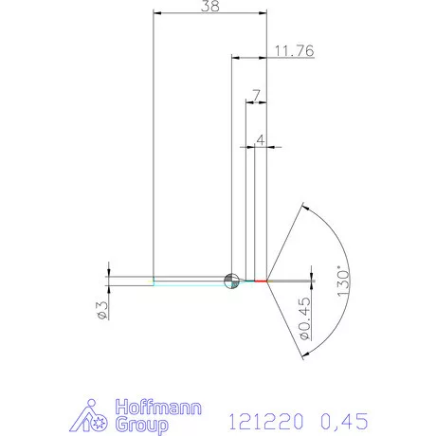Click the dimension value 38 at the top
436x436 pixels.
pyautogui.click(x=210, y=7)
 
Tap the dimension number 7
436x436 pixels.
pyautogui.click(x=256, y=95)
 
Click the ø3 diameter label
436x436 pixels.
pyautogui.click(x=102, y=309)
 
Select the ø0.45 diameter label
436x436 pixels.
pyautogui.click(x=304, y=318)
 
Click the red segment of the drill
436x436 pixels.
pyautogui.click(x=262, y=282)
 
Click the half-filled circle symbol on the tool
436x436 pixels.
pyautogui.click(x=229, y=281)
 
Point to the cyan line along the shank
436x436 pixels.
pyautogui.click(x=190, y=282)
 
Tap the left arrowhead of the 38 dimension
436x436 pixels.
pyautogui.click(x=157, y=12)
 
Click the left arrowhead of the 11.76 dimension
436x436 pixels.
pyautogui.click(x=236, y=56)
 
